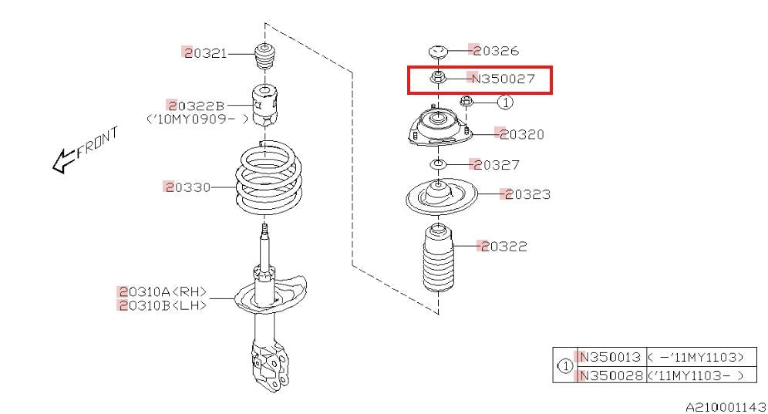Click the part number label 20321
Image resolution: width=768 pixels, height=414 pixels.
tap(205, 53)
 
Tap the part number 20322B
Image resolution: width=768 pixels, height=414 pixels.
tap(196, 106)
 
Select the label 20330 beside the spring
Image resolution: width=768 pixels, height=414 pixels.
tap(187, 187)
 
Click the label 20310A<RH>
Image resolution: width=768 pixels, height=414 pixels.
tap(163, 292)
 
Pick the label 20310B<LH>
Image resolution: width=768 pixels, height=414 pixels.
tap(163, 305)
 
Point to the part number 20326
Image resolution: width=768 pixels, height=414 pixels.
tap(495, 50)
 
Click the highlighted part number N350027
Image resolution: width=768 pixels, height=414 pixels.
tap(502, 79)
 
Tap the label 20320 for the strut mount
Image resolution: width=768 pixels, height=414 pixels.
tap(520, 133)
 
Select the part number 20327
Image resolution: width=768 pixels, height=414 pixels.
tap(495, 165)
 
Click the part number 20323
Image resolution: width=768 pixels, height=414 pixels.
tap(527, 194)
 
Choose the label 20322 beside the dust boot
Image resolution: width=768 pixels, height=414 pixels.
tap(504, 246)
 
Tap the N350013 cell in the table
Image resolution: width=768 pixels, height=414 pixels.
tap(610, 357)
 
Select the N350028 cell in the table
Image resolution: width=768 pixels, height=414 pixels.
tap(610, 375)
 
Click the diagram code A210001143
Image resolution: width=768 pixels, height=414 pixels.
tap(726, 406)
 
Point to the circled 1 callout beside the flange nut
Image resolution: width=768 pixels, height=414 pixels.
tap(506, 102)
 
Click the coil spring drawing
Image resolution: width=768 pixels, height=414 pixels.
tap(269, 179)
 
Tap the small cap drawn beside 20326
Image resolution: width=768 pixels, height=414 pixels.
tap(439, 52)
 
